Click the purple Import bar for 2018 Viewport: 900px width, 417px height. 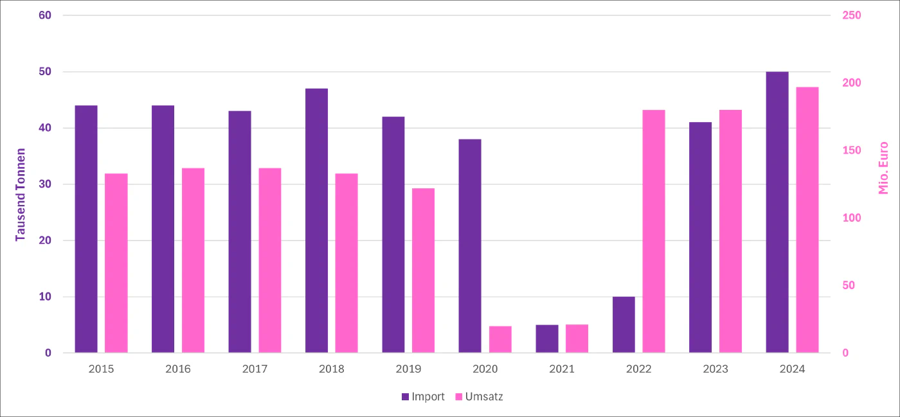(x=316, y=220)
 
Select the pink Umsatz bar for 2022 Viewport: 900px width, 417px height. (x=654, y=231)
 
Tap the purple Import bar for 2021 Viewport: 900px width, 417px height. (x=547, y=339)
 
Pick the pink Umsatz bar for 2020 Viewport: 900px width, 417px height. (x=500, y=339)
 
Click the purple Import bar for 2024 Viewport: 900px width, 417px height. (x=777, y=212)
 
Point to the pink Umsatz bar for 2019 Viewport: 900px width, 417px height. (x=423, y=271)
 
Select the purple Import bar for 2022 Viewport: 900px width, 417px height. (x=624, y=324)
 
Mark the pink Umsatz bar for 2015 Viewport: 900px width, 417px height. (x=116, y=263)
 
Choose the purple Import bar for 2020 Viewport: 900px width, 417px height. (x=470, y=245)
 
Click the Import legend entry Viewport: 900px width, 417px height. (x=423, y=396)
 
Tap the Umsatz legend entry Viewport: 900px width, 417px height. (x=479, y=396)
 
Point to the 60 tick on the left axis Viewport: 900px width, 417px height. (x=45, y=15)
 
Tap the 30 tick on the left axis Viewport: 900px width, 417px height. (x=45, y=184)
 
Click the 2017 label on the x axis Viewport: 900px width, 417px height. (x=255, y=369)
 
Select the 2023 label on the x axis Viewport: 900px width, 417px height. (x=715, y=369)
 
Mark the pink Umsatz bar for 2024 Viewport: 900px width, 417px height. (x=807, y=220)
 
